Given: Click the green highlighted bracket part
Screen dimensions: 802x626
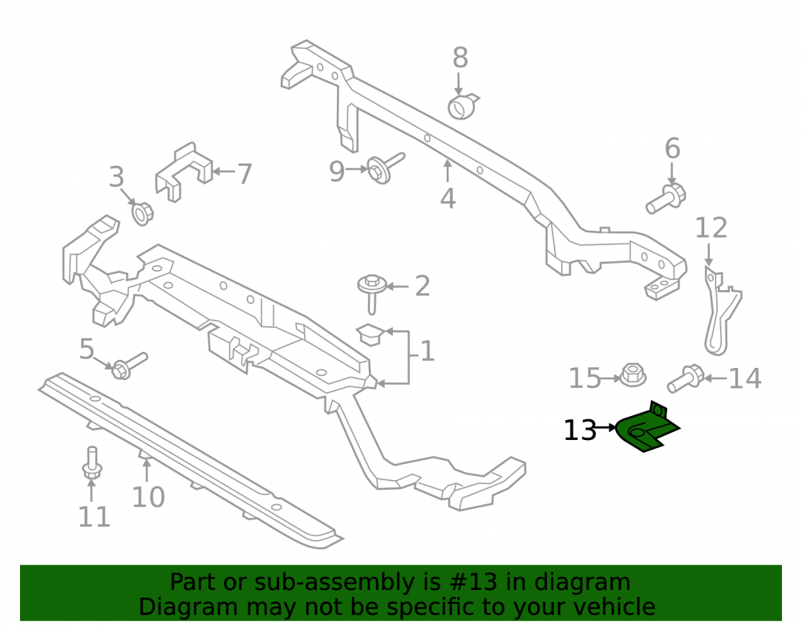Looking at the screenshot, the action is click(645, 430).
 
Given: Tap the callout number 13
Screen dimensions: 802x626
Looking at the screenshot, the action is click(580, 430).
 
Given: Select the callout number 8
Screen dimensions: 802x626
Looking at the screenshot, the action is click(460, 58).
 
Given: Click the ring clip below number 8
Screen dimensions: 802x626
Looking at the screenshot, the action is click(463, 107).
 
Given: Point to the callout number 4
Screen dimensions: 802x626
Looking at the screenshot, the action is click(448, 199).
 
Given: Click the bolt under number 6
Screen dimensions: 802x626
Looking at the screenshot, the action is click(666, 198).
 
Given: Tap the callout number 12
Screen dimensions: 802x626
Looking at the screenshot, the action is click(711, 228).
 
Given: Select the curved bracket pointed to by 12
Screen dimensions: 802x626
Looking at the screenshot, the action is click(721, 312).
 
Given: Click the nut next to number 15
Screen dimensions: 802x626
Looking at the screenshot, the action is click(634, 376).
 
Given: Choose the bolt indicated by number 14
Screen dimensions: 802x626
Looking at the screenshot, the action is click(686, 378).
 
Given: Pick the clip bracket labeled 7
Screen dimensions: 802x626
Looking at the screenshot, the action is click(183, 172).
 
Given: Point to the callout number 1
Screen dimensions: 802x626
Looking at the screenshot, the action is click(427, 352).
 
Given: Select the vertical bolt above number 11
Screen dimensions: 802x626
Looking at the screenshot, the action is click(91, 463).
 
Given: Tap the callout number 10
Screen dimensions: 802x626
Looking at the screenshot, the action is click(148, 497).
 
